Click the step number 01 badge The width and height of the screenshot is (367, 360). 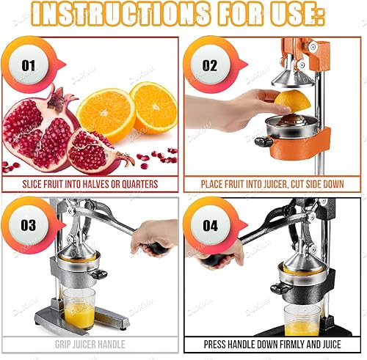[29, 65]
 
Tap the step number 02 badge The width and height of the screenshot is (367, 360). [210, 65]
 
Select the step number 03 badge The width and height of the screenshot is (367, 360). [29, 225]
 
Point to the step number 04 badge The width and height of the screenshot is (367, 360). [210, 225]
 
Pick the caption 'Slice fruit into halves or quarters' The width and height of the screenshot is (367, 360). [90, 184]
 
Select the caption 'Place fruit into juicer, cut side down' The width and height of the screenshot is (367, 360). [272, 184]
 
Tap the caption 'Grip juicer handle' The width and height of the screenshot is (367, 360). [90, 343]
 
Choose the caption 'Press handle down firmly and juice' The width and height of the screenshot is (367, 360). [272, 343]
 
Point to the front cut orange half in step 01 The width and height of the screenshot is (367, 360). [106, 114]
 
